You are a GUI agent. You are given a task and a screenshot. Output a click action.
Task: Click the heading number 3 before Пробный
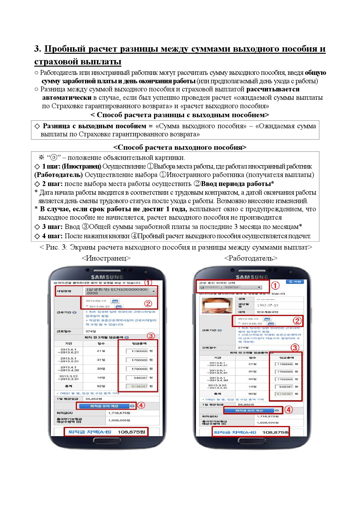pos(37,49)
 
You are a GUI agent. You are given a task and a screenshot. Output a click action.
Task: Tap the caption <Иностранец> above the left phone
pos(106,258)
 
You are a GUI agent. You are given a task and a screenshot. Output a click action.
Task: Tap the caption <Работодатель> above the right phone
pos(251,258)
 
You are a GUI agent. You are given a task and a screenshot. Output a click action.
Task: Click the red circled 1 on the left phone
pos(148,283)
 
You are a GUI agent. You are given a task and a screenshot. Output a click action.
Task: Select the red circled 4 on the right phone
pos(288,410)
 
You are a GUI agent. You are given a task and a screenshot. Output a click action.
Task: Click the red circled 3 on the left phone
pos(151,336)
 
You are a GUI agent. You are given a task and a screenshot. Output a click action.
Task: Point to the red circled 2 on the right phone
pos(297,321)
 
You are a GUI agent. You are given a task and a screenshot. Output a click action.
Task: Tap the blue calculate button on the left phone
pos(104,406)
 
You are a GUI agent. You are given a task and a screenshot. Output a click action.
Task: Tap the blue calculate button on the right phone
pos(249,410)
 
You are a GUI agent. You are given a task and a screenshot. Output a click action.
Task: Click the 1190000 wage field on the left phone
pos(137,351)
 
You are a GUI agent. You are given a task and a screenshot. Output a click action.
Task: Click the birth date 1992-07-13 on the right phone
pos(267,305)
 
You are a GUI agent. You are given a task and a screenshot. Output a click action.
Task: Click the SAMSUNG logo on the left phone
pos(107,277)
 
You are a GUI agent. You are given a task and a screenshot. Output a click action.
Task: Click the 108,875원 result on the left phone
pos(131,432)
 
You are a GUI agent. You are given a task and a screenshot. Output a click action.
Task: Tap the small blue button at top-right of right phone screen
pos(295,281)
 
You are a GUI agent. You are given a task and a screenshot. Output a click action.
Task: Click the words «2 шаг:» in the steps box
pos(52,184)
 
